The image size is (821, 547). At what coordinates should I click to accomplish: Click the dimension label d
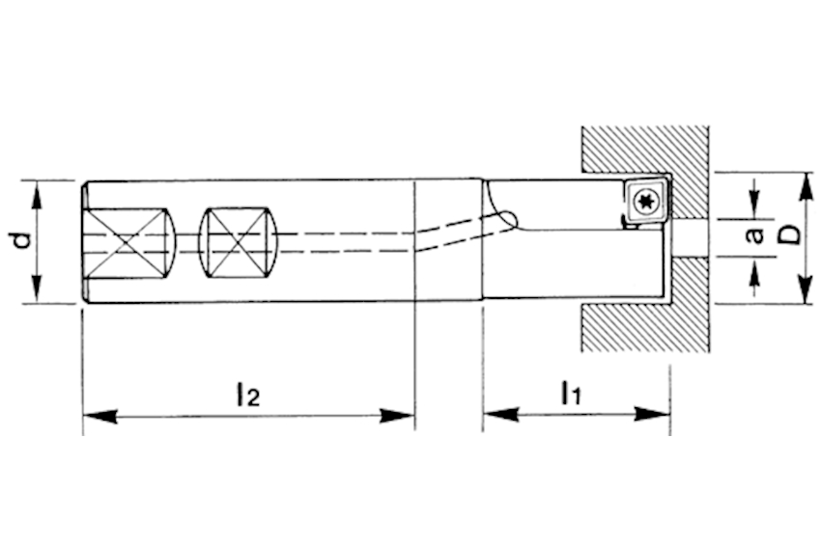(21, 240)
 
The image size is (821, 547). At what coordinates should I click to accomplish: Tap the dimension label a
(755, 234)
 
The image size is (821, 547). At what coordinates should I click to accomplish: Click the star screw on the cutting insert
(644, 202)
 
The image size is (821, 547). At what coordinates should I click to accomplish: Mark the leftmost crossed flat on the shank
(128, 242)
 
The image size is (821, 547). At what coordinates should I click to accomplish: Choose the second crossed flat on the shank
(238, 241)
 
